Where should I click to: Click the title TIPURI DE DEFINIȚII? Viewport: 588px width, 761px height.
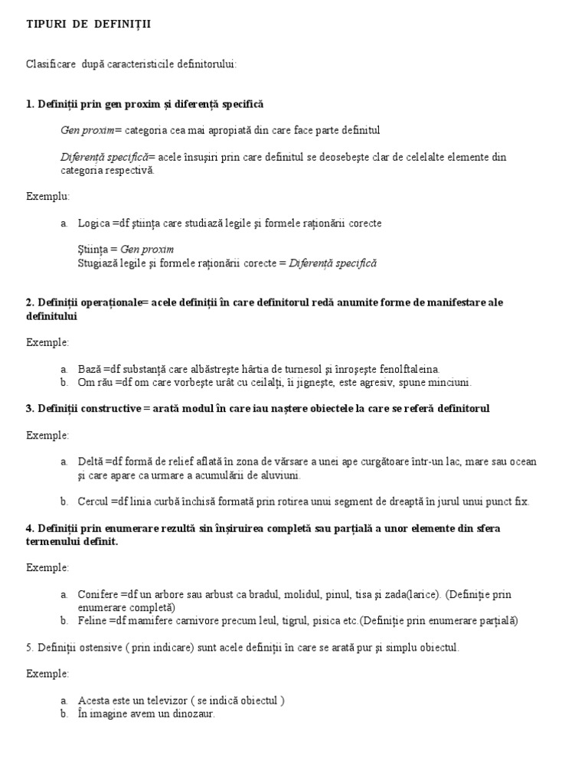(x=89, y=24)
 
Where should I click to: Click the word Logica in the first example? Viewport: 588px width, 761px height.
(x=93, y=223)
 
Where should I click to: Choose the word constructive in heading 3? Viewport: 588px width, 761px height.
(x=109, y=408)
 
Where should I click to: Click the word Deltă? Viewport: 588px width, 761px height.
(x=90, y=462)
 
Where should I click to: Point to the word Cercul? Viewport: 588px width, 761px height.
(x=93, y=501)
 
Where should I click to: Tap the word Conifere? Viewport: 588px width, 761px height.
(x=98, y=594)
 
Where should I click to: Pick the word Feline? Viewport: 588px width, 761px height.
(x=92, y=620)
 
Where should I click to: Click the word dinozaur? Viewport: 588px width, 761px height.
(x=192, y=714)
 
